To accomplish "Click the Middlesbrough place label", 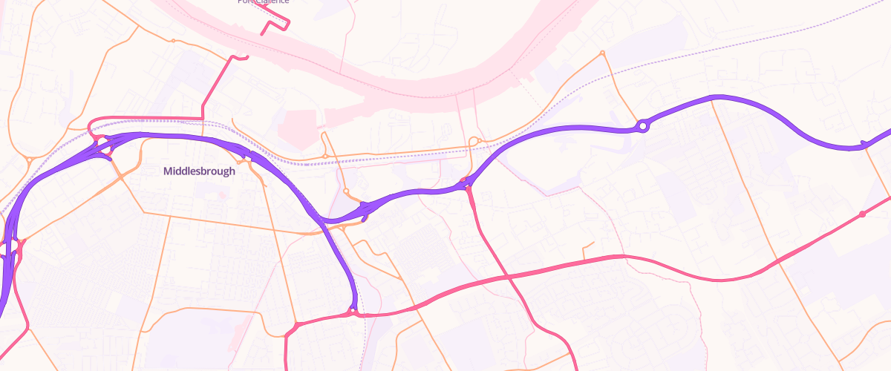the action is coord(199,171).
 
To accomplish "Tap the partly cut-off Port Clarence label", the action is coord(263,2).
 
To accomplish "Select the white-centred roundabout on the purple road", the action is coord(643,127).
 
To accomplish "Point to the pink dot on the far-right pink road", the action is coord(862,214).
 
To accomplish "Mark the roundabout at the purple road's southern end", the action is coord(353,312).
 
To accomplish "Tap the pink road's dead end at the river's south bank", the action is coord(236,58).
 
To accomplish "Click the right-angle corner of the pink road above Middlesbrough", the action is coord(202,118).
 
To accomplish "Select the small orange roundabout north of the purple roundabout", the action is coord(602,53).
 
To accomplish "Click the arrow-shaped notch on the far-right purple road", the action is coord(864,143).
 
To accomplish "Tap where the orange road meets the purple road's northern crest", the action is coord(712,98).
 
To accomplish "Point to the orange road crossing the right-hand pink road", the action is coord(779,260).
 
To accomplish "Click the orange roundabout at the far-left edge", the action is coord(28,159).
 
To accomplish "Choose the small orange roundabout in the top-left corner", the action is coord(172,41).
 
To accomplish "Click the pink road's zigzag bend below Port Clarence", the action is coord(275,25).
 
